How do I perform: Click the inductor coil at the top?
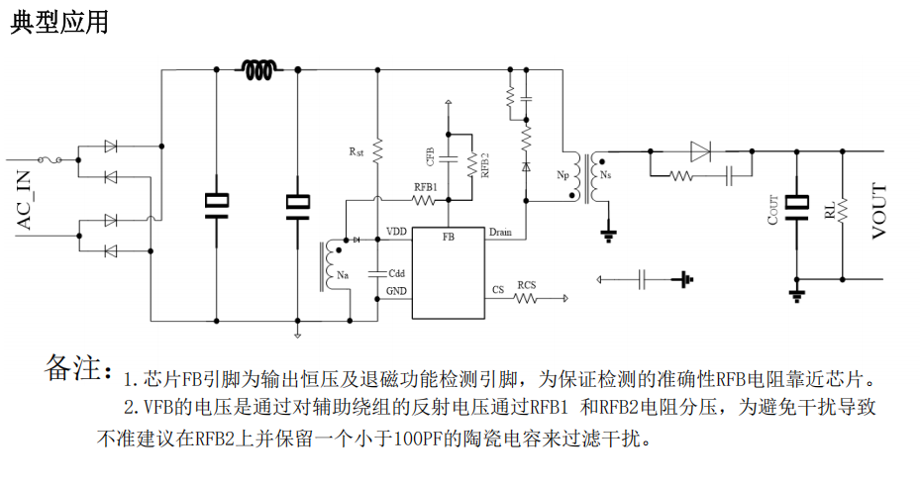tap(259, 69)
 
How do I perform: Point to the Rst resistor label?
tap(357, 152)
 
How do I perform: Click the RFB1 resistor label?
tap(426, 187)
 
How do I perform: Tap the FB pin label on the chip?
tap(449, 238)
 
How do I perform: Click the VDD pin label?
tap(396, 232)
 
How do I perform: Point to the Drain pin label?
tap(500, 232)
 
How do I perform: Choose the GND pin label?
tap(396, 291)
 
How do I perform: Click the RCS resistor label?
tap(527, 285)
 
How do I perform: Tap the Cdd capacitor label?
tap(395, 272)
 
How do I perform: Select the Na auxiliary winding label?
tap(343, 274)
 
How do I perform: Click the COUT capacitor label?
tap(773, 211)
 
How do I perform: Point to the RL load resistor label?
tap(828, 212)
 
